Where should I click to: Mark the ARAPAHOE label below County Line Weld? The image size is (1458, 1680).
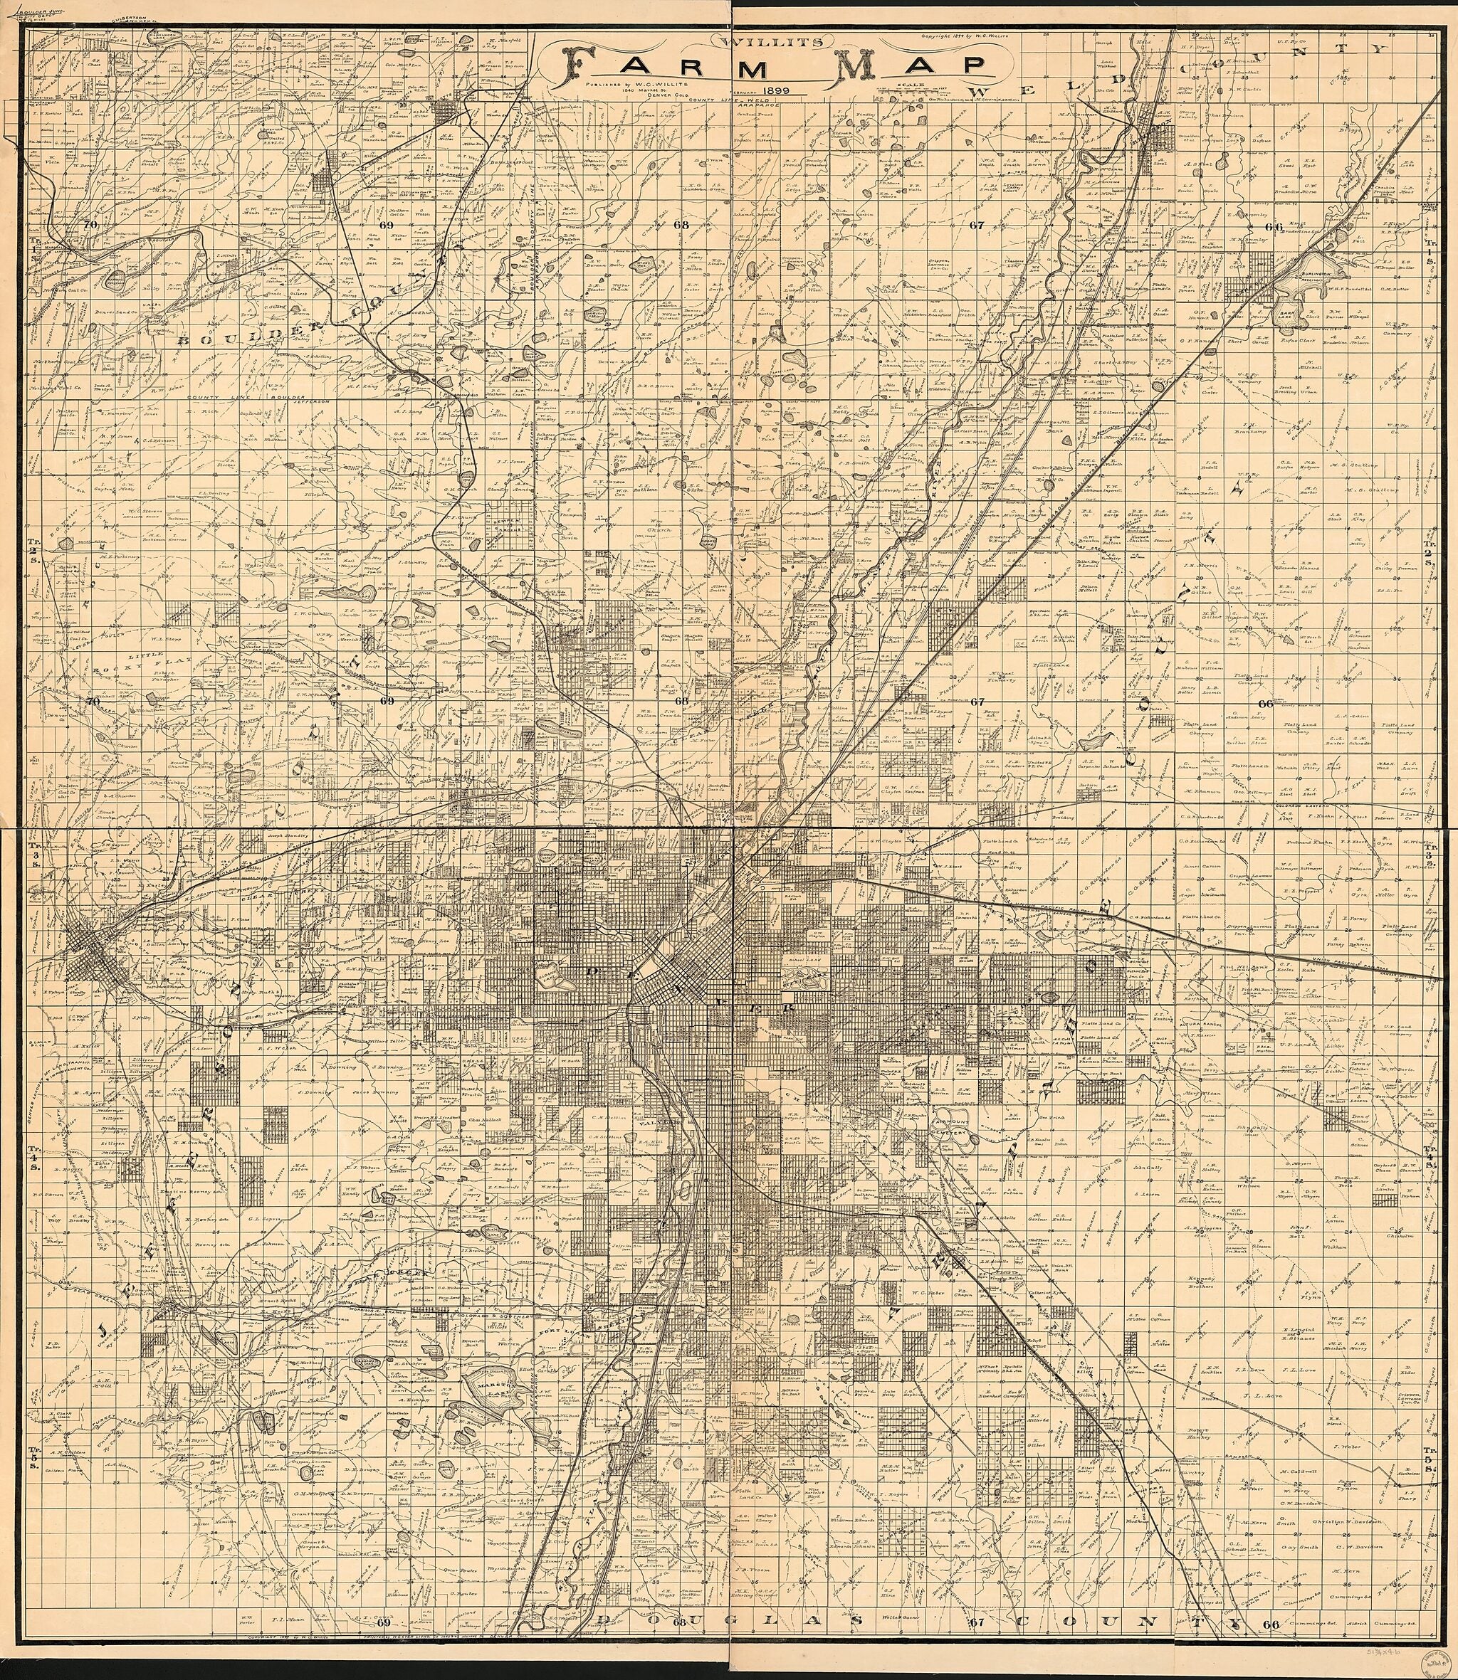click(761, 105)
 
